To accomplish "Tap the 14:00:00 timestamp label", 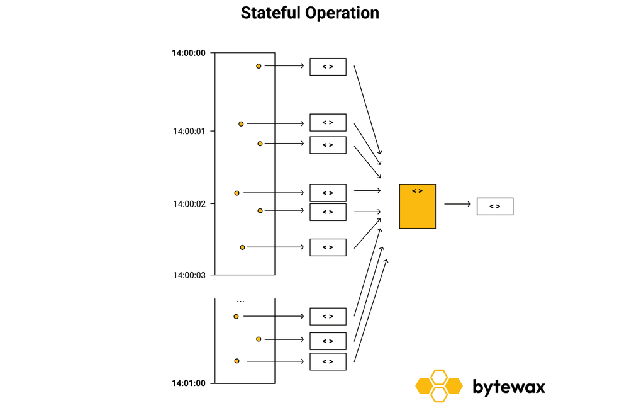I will click(x=189, y=53).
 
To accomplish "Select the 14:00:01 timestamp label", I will click(x=189, y=132).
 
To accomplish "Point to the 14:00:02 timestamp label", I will click(x=189, y=204).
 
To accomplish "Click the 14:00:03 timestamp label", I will click(x=189, y=275).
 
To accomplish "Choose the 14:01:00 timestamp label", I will click(x=189, y=383).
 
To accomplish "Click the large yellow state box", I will click(x=417, y=207).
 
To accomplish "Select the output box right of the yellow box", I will click(x=494, y=207).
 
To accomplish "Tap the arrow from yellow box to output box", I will click(x=457, y=204).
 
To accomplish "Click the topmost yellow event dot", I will click(x=259, y=65).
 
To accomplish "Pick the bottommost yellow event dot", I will click(x=237, y=361).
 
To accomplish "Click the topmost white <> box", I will click(x=328, y=67).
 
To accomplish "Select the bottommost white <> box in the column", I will click(x=328, y=361).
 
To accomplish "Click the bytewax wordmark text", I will click(x=508, y=386).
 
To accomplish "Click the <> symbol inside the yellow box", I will click(x=417, y=190).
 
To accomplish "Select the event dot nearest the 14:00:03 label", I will click(x=242, y=247).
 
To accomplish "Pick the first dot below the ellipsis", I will click(x=237, y=316).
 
